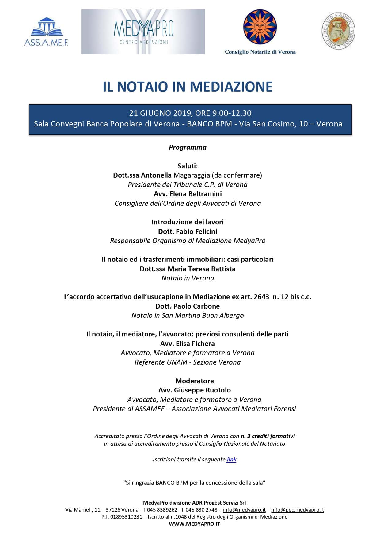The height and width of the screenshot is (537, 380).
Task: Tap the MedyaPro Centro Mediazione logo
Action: [143, 32]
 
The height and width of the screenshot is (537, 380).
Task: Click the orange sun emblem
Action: [260, 27]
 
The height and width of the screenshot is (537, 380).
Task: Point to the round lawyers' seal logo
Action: [338, 31]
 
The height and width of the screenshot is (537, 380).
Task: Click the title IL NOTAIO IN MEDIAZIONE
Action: [188, 87]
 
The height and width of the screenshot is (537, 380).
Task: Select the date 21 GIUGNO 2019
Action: [161, 113]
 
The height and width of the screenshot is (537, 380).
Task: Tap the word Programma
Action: [188, 147]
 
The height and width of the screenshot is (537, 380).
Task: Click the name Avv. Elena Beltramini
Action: [188, 194]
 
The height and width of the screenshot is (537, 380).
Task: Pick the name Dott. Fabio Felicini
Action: [188, 231]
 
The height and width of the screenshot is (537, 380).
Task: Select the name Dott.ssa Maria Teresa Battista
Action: [188, 269]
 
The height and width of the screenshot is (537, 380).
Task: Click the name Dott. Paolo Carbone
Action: [188, 306]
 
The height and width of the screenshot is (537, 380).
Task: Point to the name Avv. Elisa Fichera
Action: [188, 344]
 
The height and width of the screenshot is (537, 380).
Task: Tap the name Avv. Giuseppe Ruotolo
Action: [194, 390]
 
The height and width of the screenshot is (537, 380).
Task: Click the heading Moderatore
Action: [194, 381]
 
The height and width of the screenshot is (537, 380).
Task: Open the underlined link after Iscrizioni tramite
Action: [231, 459]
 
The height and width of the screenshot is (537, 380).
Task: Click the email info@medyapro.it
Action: [244, 510]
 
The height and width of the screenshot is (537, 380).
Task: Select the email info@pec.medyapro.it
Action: [298, 510]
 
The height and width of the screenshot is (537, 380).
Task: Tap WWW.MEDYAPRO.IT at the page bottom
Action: [194, 524]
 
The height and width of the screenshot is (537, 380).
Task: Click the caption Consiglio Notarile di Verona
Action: [260, 52]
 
